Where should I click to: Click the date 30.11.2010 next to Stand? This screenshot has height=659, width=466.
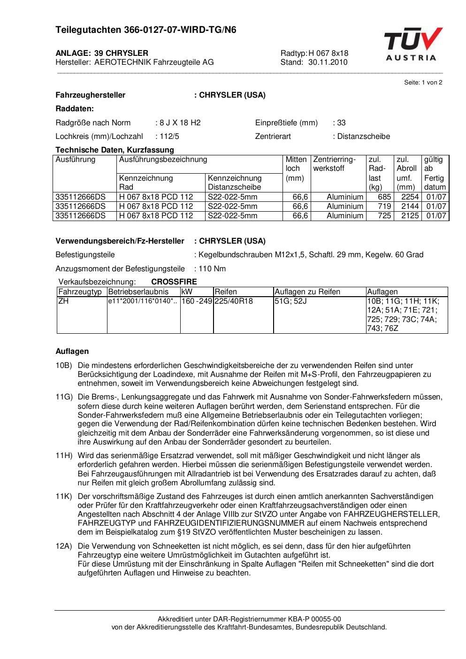tap(328, 62)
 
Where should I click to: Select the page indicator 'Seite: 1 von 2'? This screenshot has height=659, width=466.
tap(423, 83)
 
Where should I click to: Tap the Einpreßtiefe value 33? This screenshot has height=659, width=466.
tap(341, 123)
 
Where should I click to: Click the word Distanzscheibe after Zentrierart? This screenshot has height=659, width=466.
tap(364, 137)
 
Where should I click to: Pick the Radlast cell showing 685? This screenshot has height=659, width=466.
tap(384, 197)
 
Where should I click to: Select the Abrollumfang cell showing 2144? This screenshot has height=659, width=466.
tap(410, 207)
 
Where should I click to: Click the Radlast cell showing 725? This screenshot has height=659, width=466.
tap(384, 216)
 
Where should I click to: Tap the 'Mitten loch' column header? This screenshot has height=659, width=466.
tap(296, 164)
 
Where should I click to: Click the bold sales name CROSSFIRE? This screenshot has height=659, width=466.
tap(174, 282)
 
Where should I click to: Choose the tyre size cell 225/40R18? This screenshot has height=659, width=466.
tap(234, 301)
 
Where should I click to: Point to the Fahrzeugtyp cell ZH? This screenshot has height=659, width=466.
tap(63, 301)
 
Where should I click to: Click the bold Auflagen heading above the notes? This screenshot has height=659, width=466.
tap(72, 351)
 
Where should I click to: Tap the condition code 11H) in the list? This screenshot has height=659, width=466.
tap(64, 456)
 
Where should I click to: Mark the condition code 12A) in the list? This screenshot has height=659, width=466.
tap(64, 546)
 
